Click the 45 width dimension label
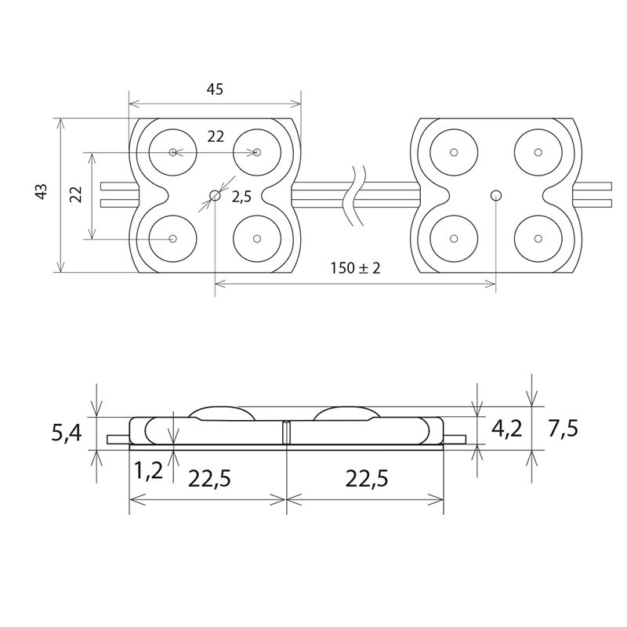tap(215, 89)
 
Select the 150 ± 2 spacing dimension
tap(356, 268)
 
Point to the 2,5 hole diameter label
tap(242, 197)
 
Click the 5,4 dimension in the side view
tap(67, 433)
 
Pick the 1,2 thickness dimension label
tap(148, 471)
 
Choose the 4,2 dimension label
tap(506, 429)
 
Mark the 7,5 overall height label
tap(563, 429)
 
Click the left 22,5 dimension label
tap(209, 478)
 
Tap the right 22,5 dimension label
tap(367, 478)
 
